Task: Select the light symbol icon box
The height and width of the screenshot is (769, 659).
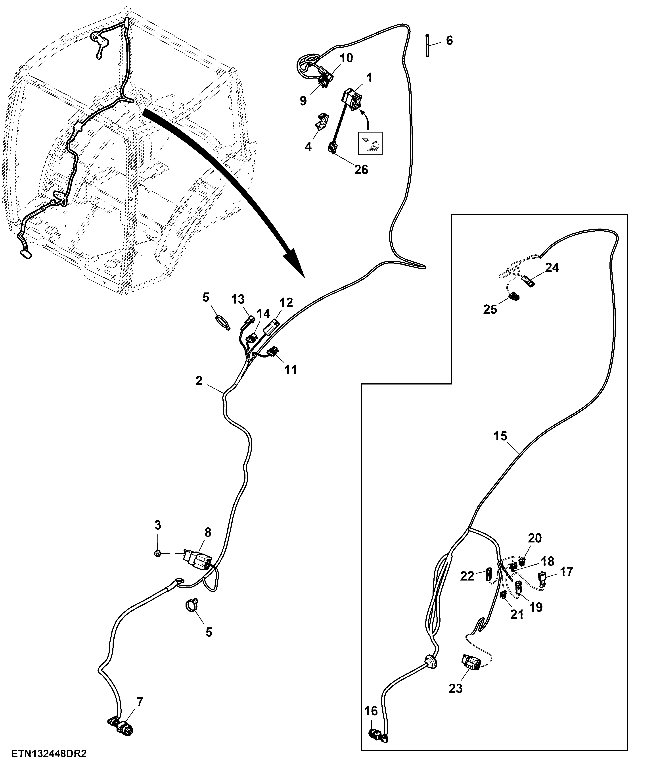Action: click(370, 143)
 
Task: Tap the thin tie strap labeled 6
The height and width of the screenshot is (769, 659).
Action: click(427, 45)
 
